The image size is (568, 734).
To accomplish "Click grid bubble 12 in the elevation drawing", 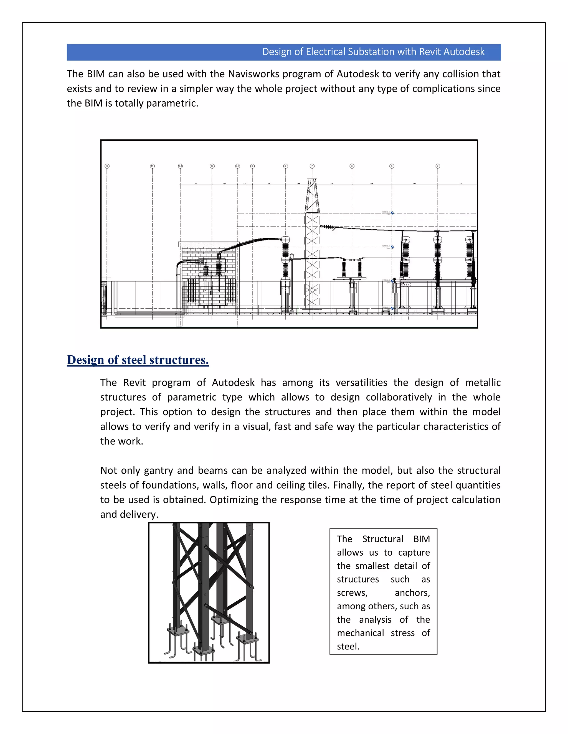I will pyautogui.click(x=107, y=166).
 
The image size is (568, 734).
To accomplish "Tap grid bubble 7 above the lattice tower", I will pyautogui.click(x=312, y=166).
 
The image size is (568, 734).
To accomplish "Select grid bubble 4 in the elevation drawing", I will pyautogui.click(x=438, y=166).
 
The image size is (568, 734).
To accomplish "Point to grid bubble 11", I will pyautogui.click(x=152, y=166).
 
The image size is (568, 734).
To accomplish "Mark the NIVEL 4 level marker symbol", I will pyautogui.click(x=392, y=213).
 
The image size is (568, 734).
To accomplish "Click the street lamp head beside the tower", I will pyautogui.click(x=292, y=256).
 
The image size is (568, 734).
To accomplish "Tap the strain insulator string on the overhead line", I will pyautogui.click(x=328, y=227).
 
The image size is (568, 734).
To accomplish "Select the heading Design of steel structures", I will pyautogui.click(x=138, y=360).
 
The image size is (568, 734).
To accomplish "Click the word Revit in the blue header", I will pyautogui.click(x=430, y=52).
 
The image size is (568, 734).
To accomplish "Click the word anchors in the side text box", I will pyautogui.click(x=412, y=593).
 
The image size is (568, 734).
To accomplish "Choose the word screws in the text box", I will pyautogui.click(x=352, y=593).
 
